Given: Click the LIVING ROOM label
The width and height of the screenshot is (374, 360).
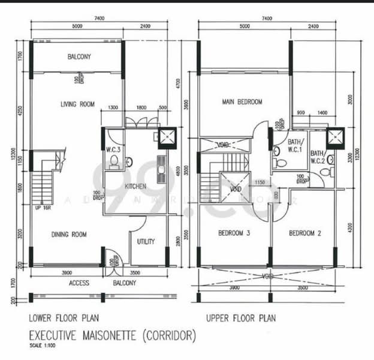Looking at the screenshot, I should (x=77, y=104).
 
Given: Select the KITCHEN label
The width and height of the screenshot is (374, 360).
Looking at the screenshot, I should (x=135, y=187).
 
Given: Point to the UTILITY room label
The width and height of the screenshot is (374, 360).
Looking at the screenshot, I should (x=146, y=242).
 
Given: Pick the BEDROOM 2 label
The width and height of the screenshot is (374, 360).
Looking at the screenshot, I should (x=305, y=233).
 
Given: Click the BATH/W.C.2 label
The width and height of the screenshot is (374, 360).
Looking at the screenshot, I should (x=317, y=157).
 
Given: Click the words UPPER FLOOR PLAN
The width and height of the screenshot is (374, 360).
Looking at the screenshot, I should (x=241, y=318).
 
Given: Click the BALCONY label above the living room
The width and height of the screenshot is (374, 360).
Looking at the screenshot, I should (x=79, y=57).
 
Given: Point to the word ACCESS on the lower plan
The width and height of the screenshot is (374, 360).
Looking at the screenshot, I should (x=79, y=283).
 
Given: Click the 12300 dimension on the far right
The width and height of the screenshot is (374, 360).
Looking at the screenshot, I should (x=358, y=154).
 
